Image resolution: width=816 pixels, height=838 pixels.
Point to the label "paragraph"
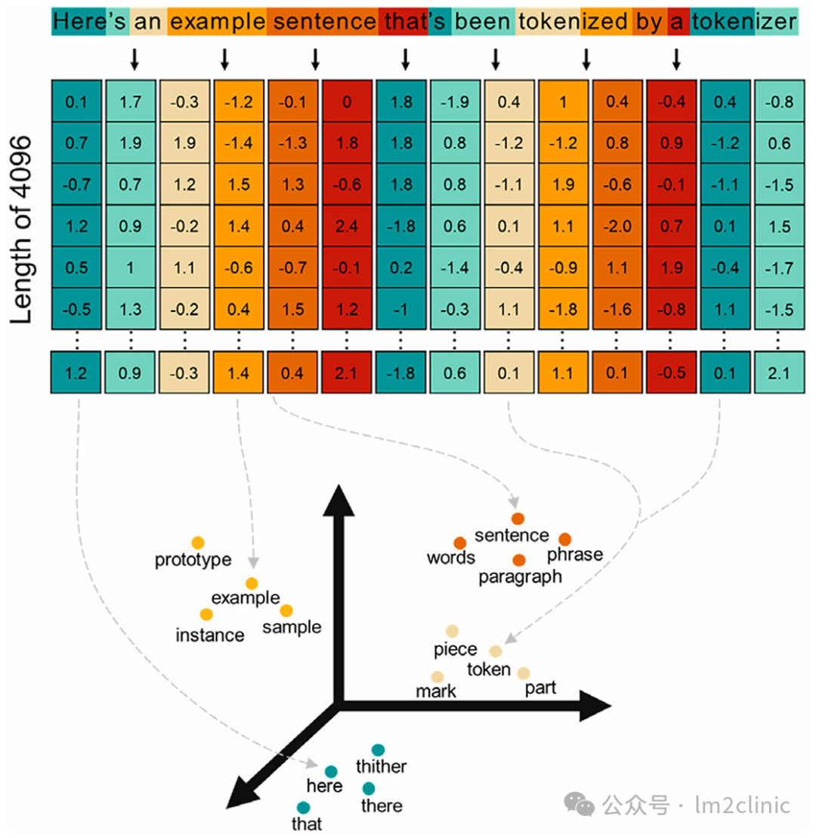(x=520, y=577)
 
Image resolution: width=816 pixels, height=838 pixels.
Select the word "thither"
(x=381, y=767)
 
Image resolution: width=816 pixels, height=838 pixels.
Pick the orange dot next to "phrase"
(x=564, y=539)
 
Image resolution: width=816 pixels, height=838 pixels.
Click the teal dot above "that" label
(x=304, y=807)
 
